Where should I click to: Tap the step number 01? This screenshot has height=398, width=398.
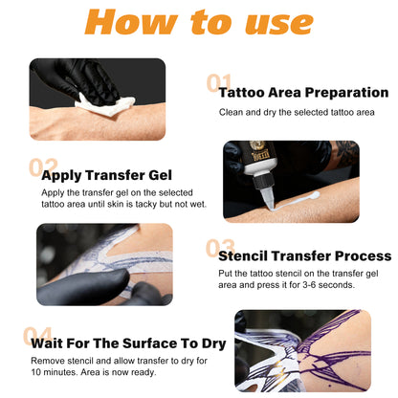pyautogui.click(x=219, y=84)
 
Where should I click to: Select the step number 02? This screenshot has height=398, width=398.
pyautogui.click(x=42, y=168)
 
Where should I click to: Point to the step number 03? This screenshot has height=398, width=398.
pyautogui.click(x=220, y=248)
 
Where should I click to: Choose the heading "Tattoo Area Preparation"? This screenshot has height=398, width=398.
pyautogui.click(x=304, y=93)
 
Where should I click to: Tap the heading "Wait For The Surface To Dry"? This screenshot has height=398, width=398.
pyautogui.click(x=126, y=343)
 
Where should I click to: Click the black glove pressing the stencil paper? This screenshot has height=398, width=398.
pyautogui.click(x=86, y=283)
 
